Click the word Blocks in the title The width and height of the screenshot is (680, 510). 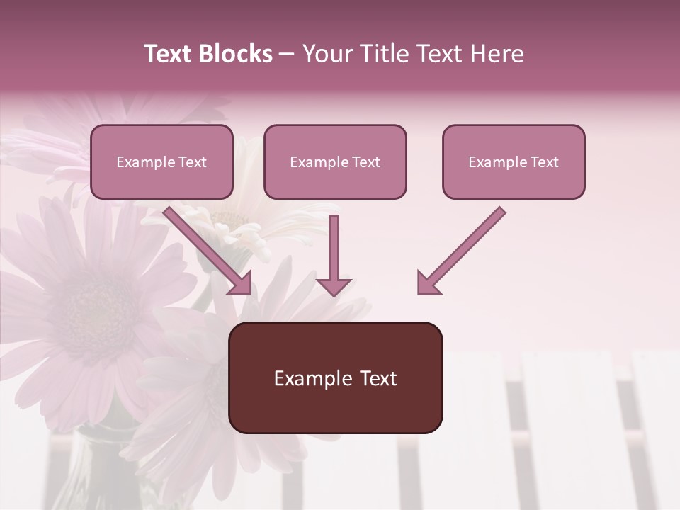pyautogui.click(x=234, y=54)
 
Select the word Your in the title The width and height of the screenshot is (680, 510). pyautogui.click(x=328, y=54)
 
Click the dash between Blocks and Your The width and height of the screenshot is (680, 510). pyautogui.click(x=287, y=54)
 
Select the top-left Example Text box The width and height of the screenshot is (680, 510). pyautogui.click(x=161, y=161)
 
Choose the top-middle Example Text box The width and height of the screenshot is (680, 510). pyautogui.click(x=335, y=161)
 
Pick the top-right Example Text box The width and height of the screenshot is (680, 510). pyautogui.click(x=514, y=161)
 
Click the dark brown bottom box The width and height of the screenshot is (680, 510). pyautogui.click(x=335, y=378)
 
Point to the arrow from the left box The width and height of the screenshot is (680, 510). pyautogui.click(x=205, y=248)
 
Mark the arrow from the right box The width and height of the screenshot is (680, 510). pyautogui.click(x=464, y=248)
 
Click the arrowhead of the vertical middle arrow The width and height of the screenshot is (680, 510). pyautogui.click(x=334, y=286)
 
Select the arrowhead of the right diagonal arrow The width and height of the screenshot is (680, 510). pyautogui.click(x=427, y=283)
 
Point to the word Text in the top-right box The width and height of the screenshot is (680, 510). pyautogui.click(x=544, y=162)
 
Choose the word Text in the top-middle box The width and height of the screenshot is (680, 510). pyautogui.click(x=365, y=162)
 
